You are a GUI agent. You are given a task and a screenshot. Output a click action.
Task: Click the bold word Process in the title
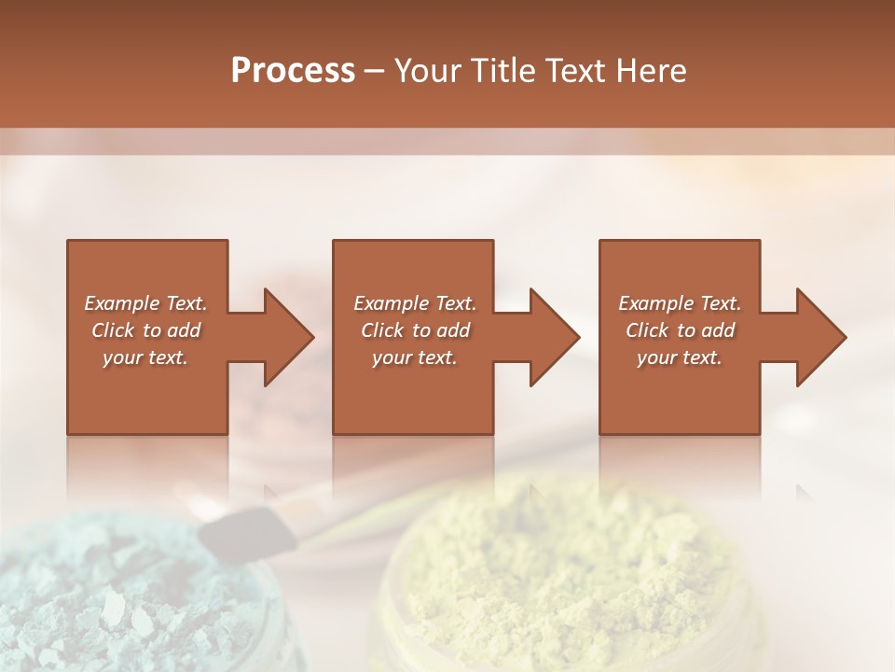(293, 71)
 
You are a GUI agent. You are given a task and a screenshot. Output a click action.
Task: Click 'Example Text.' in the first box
(145, 303)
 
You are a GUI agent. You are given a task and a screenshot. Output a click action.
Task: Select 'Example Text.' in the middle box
(414, 303)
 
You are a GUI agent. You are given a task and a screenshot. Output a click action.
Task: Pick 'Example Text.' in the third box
(680, 303)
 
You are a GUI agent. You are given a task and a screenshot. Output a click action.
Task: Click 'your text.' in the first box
(145, 357)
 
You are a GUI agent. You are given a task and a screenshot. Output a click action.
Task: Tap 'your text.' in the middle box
(414, 357)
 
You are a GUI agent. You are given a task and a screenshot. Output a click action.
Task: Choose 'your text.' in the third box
(680, 357)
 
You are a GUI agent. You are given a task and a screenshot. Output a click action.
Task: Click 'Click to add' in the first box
(145, 330)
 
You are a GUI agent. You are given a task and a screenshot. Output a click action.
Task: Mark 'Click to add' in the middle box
(414, 330)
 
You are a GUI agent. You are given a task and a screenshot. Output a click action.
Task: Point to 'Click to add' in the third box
(680, 330)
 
